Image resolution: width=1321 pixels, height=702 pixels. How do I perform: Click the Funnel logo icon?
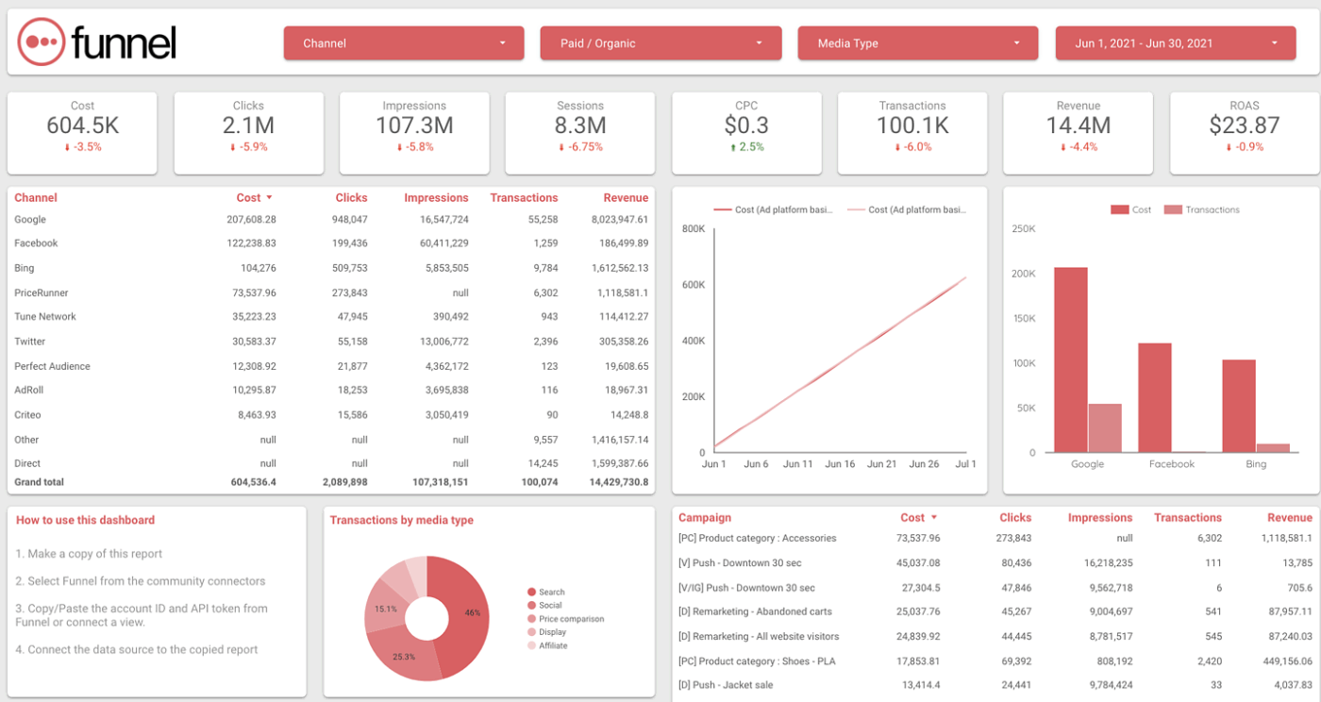pos(42,42)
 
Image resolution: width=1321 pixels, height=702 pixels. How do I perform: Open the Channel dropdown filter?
pos(403,43)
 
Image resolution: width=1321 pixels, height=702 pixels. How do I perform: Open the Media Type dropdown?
pos(917,43)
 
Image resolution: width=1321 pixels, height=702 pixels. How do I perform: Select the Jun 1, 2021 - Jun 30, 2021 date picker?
pos(1175,43)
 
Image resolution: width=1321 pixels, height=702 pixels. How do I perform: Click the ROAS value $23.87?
pos(1244,125)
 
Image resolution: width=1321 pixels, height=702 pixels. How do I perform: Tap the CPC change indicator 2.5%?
pos(746,147)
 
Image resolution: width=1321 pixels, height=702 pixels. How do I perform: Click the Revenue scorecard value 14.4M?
pos(1078,125)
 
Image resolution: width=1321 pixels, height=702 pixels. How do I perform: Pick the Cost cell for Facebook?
pos(251,243)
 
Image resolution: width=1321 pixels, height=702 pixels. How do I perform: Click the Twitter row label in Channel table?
pos(30,342)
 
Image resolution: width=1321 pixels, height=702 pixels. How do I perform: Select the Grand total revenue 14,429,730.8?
pos(617,482)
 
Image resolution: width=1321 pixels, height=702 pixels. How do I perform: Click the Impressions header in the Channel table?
pos(436,198)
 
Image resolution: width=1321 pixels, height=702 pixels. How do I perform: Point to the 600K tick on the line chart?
pos(694,285)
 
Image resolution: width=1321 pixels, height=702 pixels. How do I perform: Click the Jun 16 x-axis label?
pos(840,464)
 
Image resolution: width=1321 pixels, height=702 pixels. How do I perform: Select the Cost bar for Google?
pos(1070,359)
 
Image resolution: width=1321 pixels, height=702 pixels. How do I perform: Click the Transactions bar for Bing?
pos(1272,448)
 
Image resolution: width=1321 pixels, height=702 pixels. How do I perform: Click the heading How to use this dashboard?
pos(85,520)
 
